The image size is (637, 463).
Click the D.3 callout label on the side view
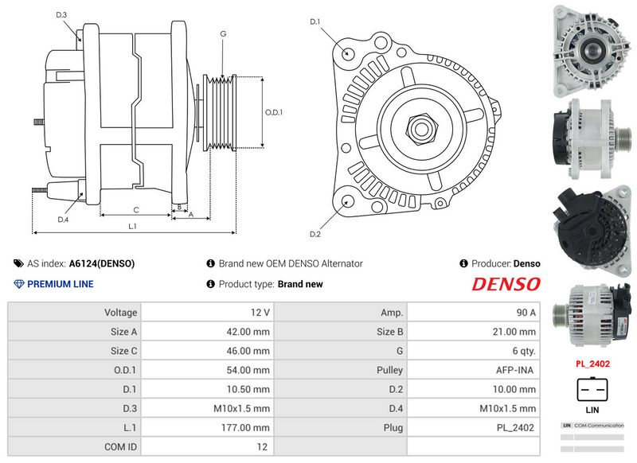pyautogui.click(x=61, y=15)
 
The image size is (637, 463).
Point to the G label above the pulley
pyautogui.click(x=223, y=33)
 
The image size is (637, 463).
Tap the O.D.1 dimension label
pyautogui.click(x=274, y=112)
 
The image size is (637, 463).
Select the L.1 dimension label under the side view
pyautogui.click(x=132, y=227)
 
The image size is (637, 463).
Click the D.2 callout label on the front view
pyautogui.click(x=315, y=234)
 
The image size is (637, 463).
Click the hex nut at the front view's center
pyautogui.click(x=421, y=129)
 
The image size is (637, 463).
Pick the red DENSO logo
pyautogui.click(x=506, y=284)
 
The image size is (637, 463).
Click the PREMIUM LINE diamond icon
pyautogui.click(x=18, y=284)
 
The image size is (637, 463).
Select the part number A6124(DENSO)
pyautogui.click(x=102, y=264)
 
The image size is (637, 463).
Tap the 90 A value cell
pyautogui.click(x=474, y=312)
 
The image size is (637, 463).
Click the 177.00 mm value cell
pyautogui.click(x=208, y=427)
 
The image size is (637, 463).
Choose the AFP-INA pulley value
pyautogui.click(x=514, y=370)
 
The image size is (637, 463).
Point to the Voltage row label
pyautogui.click(x=121, y=313)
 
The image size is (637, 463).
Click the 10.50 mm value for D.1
pyautogui.click(x=248, y=389)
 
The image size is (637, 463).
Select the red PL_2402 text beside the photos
pyautogui.click(x=592, y=364)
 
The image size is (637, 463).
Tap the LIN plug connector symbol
pyautogui.click(x=592, y=390)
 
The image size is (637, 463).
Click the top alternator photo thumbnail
pyautogui.click(x=592, y=51)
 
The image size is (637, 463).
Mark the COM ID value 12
pyautogui.click(x=262, y=447)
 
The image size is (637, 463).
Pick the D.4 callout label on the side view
pyautogui.click(x=63, y=220)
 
